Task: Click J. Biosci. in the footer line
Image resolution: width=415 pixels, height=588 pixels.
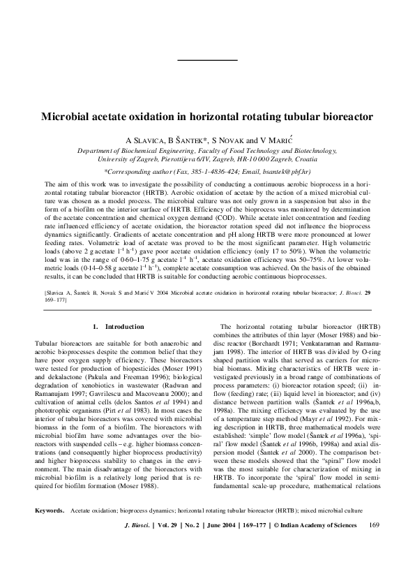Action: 135,564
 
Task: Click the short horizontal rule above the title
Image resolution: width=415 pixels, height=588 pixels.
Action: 207,61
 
